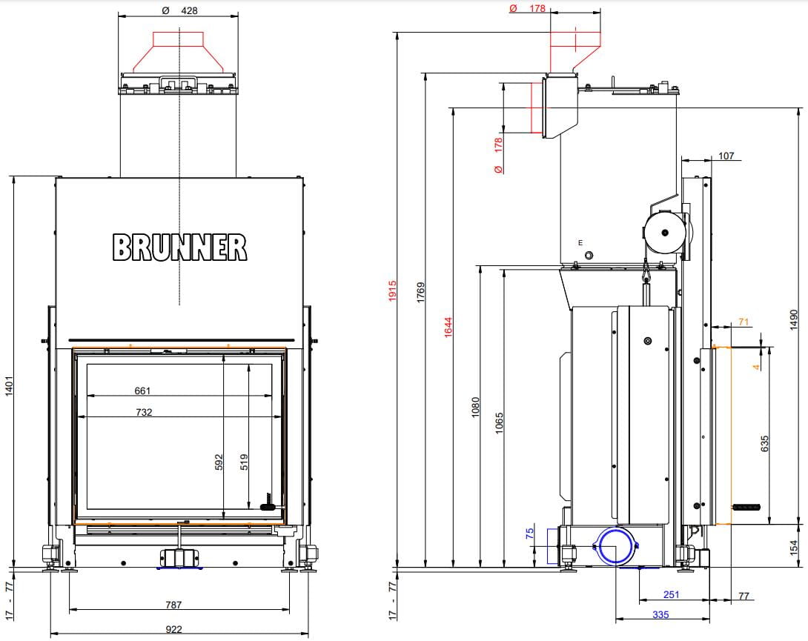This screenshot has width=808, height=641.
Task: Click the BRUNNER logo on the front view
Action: click(180, 247)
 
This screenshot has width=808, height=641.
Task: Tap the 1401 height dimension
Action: click(9, 386)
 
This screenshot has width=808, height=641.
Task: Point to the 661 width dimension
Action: click(142, 391)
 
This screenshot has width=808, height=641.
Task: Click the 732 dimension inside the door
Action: click(145, 412)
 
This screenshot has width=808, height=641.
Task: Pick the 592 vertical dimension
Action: click(219, 462)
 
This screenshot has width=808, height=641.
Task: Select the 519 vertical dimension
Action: click(244, 462)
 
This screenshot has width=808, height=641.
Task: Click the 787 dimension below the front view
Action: click(173, 605)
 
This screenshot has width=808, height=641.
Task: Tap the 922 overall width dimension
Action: click(173, 629)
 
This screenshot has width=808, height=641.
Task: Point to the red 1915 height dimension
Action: click(393, 290)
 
